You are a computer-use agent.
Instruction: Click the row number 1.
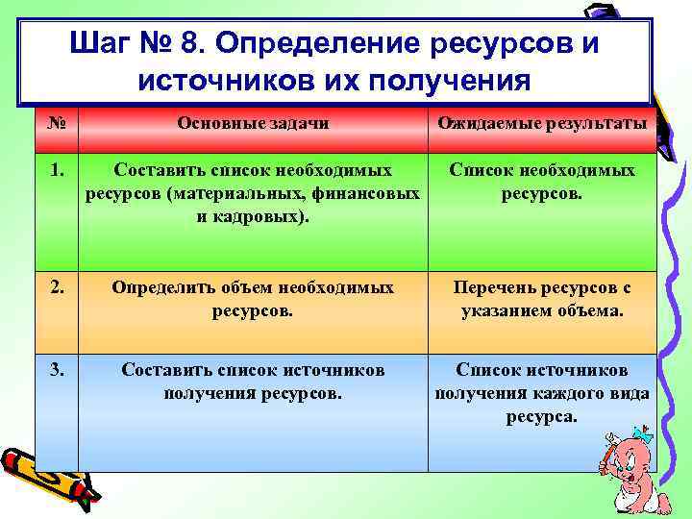[57, 170]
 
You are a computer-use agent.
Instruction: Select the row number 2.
[57, 287]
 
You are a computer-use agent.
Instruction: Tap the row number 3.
[57, 370]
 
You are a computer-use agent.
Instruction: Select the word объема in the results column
[591, 310]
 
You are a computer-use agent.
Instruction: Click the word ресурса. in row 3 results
[541, 416]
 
